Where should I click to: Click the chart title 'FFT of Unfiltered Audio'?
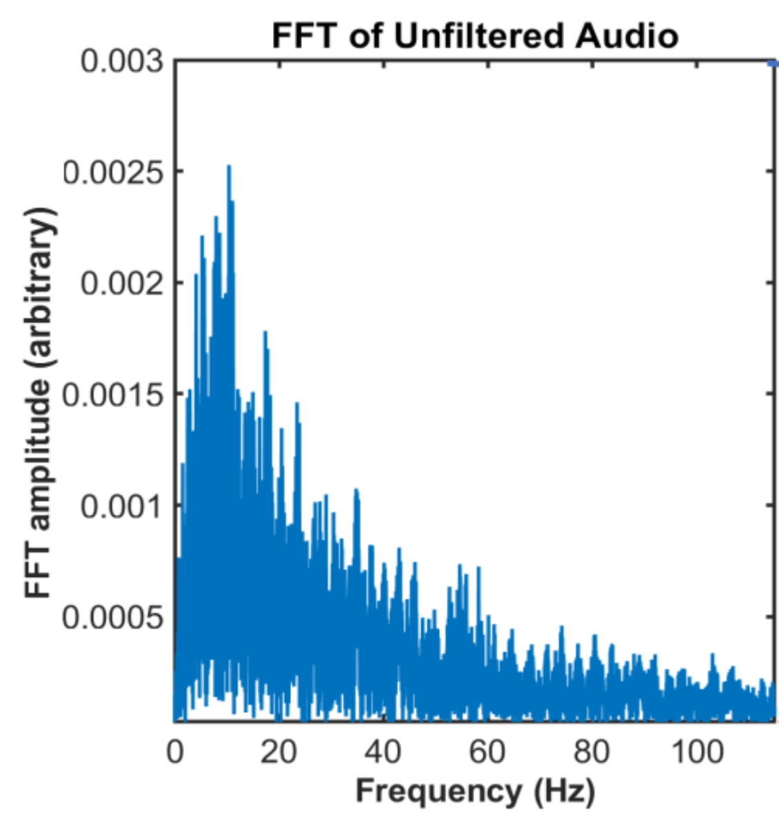pyautogui.click(x=475, y=37)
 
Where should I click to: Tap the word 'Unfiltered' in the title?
pyautogui.click(x=478, y=37)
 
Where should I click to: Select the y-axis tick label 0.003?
pyautogui.click(x=122, y=62)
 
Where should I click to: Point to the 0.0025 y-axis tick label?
pyautogui.click(x=112, y=173)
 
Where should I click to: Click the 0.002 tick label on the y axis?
pyautogui.click(x=122, y=284)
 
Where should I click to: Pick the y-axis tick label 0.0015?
pyautogui.click(x=112, y=395)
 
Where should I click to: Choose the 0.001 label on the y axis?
pyautogui.click(x=122, y=507)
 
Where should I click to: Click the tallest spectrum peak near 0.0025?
pyautogui.click(x=229, y=166)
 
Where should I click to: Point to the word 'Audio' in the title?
pyautogui.click(x=627, y=37)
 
